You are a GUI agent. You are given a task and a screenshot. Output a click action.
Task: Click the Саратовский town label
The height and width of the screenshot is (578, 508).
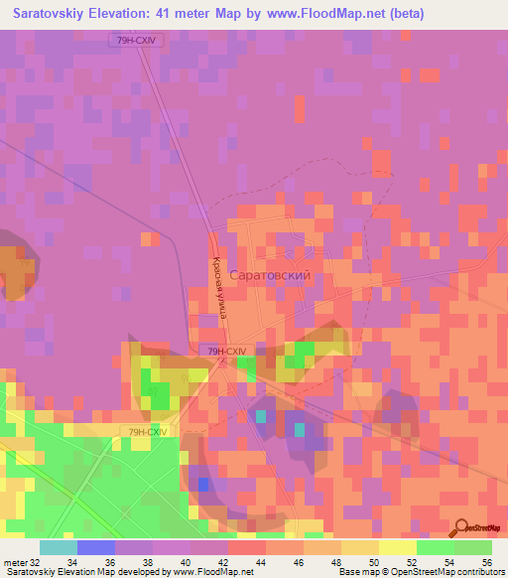click(271, 274)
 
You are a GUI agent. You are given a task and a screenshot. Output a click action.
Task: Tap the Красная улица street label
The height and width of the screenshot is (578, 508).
click(218, 289)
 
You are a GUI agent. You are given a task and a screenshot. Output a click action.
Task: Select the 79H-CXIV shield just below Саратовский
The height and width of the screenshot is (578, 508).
click(226, 352)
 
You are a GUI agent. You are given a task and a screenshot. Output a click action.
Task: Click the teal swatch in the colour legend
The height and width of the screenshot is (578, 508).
click(58, 548)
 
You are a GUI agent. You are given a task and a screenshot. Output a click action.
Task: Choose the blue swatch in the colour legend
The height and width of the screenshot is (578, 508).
click(95, 548)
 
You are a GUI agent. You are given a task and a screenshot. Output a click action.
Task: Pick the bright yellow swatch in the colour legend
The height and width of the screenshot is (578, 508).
click(397, 548)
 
